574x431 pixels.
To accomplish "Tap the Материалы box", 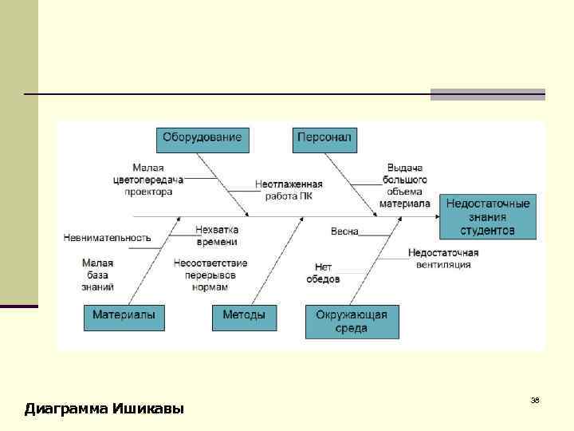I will coord(124,317).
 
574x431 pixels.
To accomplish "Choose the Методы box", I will coord(244,317).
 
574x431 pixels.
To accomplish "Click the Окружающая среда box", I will coord(352,321).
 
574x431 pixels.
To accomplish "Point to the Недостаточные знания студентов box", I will coord(488,216).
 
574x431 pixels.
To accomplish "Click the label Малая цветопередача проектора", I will coord(148,180).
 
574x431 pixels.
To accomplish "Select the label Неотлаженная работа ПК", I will coord(289,189).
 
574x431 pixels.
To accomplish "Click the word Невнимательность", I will coord(107,237).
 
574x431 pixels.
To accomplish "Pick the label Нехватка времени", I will coord(217,235).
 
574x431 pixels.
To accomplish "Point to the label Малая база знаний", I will coord(98,275).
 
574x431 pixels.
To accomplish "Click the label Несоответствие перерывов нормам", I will coord(210,275).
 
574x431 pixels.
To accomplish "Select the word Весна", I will coord(344,231).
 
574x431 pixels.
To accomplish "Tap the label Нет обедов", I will coord(323,273).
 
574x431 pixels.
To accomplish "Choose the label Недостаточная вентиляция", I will coord(443,258).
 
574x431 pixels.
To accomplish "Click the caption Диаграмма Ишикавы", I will coord(104,409).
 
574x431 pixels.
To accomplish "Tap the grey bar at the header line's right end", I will coord(487,94).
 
